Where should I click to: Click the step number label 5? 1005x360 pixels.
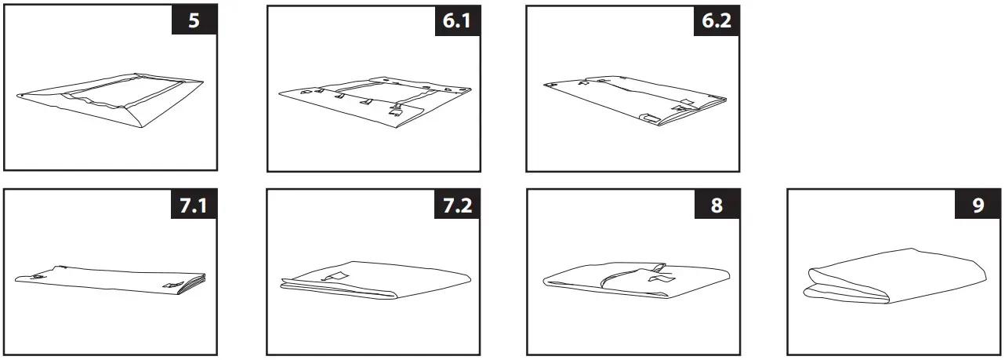(x=194, y=20)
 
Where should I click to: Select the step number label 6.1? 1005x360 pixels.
(x=457, y=20)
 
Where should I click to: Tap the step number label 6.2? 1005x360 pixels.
(x=717, y=20)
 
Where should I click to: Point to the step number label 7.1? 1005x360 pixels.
(x=194, y=205)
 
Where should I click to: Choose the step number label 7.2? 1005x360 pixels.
(x=457, y=205)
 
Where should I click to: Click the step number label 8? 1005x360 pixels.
(x=717, y=205)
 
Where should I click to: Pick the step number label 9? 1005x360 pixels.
(x=977, y=205)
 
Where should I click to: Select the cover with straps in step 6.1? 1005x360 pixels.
(x=376, y=100)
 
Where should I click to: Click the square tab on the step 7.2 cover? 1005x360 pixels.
(x=339, y=275)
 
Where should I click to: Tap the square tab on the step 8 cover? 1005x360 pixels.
(x=657, y=278)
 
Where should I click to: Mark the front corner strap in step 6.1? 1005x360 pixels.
(x=394, y=112)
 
